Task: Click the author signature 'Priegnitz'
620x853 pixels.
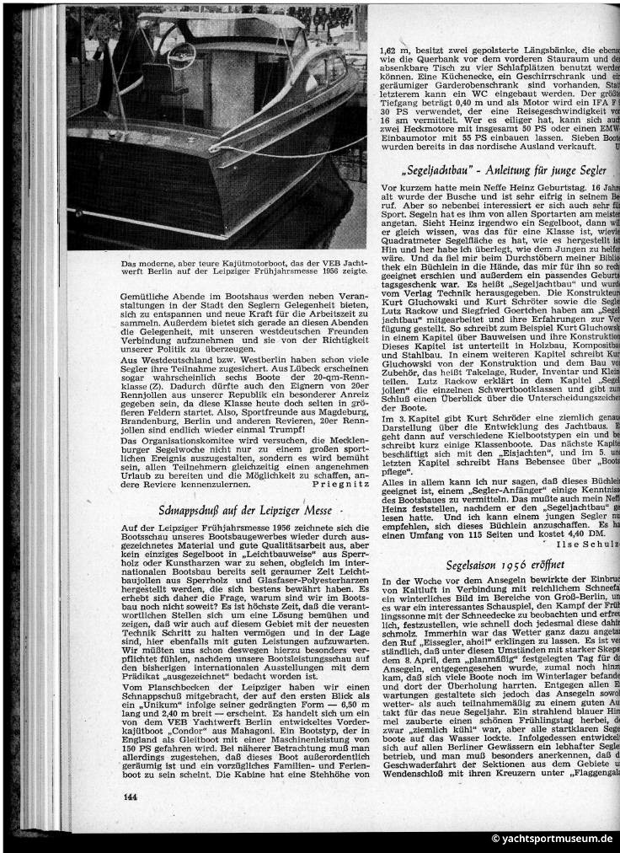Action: click(334, 486)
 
